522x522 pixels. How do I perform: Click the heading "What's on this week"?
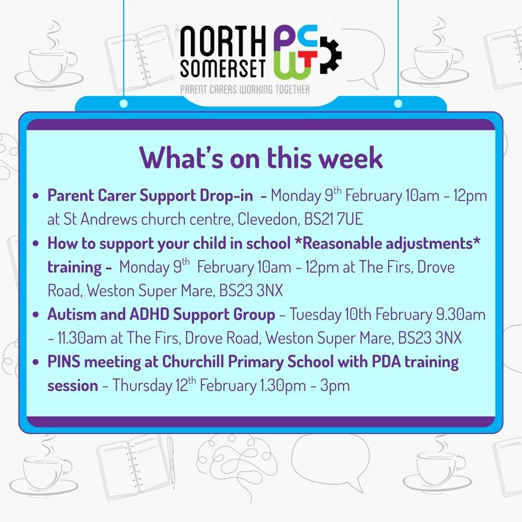(261, 157)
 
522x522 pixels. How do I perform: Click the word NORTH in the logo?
(223, 44)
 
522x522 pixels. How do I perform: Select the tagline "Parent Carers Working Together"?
(245, 89)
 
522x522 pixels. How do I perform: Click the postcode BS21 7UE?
(333, 219)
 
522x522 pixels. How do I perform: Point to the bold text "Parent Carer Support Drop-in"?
(150, 196)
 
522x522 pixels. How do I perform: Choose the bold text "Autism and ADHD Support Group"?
(161, 315)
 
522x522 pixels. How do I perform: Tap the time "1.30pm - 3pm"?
(303, 386)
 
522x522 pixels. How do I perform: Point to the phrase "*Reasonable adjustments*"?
(387, 243)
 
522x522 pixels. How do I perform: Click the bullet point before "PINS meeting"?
(35, 362)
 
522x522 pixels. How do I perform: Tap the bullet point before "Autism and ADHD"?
(35, 315)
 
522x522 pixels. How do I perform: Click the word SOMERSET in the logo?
(223, 70)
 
